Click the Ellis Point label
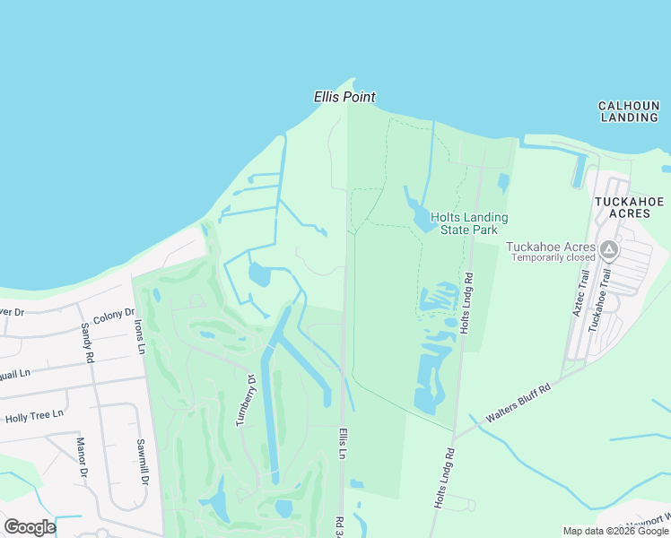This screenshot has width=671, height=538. (344, 97)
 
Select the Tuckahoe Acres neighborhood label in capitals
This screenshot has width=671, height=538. (629, 206)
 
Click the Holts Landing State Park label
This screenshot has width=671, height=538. (469, 223)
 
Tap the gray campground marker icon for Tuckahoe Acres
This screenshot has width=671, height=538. (610, 248)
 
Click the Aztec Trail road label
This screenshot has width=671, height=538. (579, 296)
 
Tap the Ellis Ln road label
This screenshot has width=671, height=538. (342, 444)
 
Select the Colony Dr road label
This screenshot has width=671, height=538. (113, 315)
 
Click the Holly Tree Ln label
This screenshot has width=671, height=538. (34, 415)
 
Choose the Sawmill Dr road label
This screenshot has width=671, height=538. (142, 464)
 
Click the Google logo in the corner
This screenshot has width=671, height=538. (30, 527)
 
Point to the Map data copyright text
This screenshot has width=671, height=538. (614, 531)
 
